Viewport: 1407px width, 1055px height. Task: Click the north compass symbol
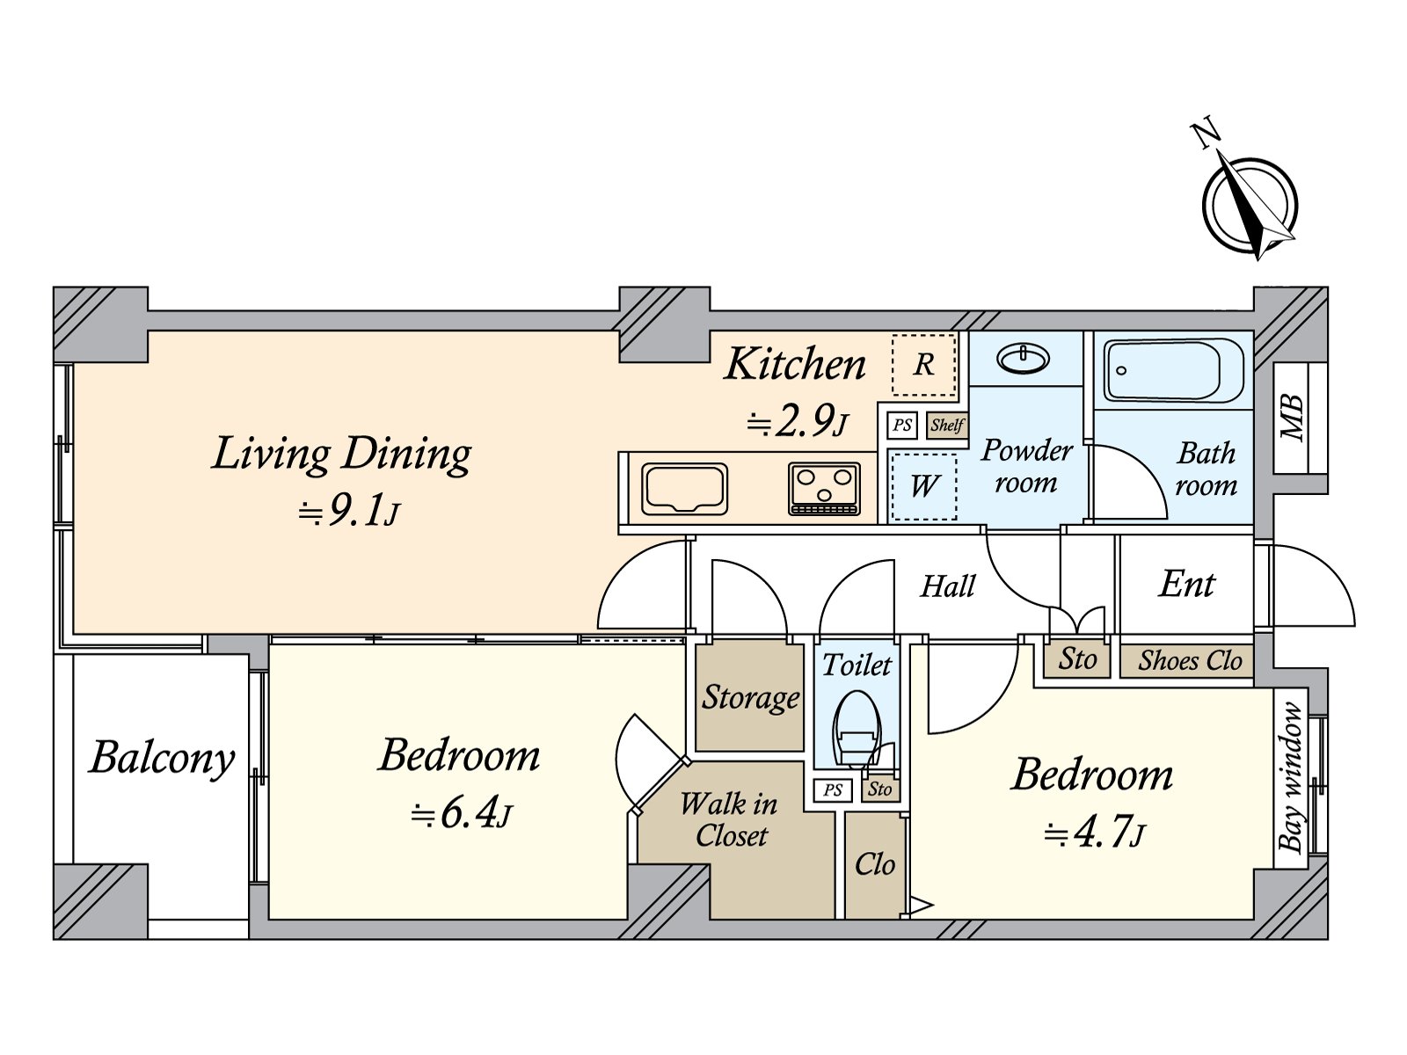[1250, 205]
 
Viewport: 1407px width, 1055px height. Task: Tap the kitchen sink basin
[685, 489]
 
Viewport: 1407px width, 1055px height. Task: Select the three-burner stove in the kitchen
[824, 488]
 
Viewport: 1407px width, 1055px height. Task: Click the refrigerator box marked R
[923, 365]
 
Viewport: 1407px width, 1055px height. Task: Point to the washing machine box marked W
[923, 486]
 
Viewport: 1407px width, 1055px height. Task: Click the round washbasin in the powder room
[1024, 359]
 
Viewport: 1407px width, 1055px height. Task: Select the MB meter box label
[1292, 418]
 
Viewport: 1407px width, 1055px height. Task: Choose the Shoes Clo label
[1189, 660]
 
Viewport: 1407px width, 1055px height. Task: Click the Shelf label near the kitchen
[947, 426]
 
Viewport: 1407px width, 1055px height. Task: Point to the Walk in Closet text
[730, 819]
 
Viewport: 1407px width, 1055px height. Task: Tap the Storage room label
[750, 697]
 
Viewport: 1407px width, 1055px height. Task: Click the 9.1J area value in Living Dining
[350, 510]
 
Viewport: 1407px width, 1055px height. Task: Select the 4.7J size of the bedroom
[1095, 832]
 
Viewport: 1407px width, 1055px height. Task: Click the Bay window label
[1290, 777]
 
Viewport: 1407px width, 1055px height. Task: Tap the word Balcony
[163, 758]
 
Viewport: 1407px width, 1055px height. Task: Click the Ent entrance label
[1186, 584]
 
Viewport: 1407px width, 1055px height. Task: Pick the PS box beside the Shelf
[902, 426]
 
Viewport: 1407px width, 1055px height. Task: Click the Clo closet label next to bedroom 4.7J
[874, 864]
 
